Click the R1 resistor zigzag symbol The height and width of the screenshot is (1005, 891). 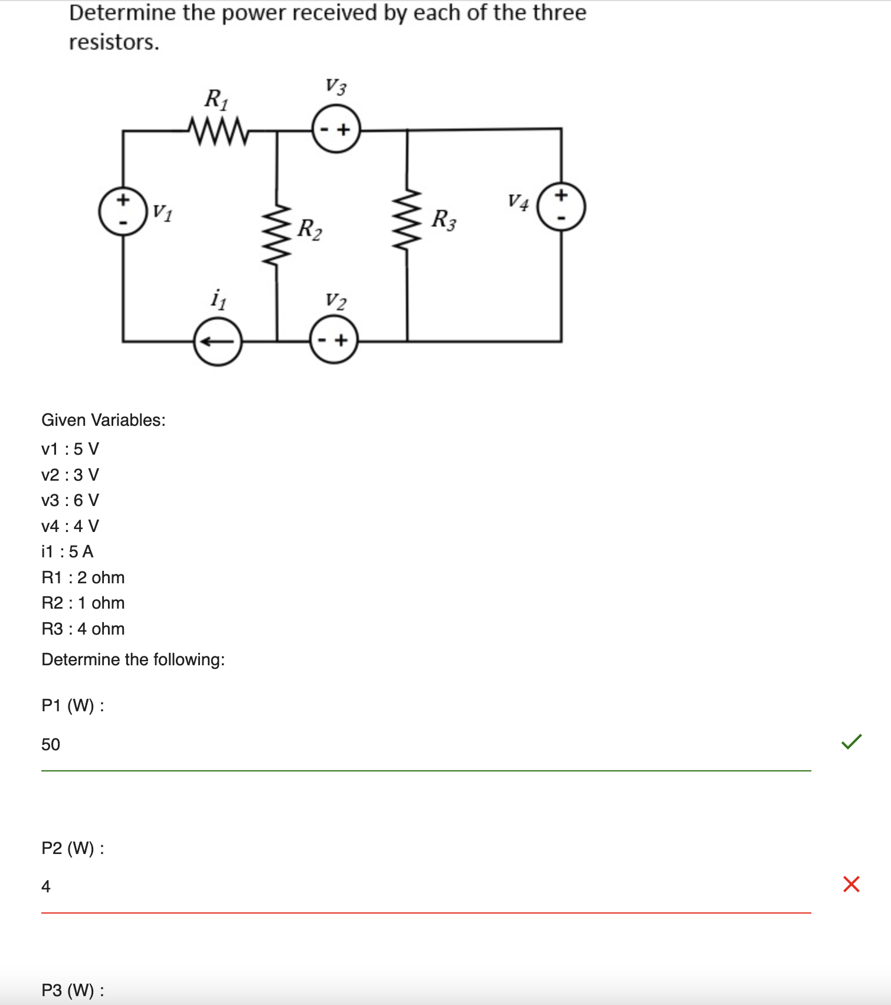[218, 130]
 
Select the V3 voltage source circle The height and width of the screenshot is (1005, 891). [336, 129]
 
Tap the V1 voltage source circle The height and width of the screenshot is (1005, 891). [123, 211]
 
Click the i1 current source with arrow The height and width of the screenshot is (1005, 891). [218, 341]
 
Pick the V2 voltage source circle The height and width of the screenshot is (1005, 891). [333, 340]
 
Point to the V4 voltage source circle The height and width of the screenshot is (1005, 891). [561, 206]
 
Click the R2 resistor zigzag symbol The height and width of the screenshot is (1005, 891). [277, 234]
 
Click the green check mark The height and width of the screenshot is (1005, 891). [851, 741]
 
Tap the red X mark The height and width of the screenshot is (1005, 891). [851, 884]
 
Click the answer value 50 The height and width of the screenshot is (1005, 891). [51, 744]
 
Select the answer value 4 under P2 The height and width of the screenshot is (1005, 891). [46, 886]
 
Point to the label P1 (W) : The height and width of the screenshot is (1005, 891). [73, 705]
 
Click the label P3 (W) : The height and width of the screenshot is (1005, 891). [73, 990]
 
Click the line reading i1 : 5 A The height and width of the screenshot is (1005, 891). [67, 551]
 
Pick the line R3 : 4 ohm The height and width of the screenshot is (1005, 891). [83, 629]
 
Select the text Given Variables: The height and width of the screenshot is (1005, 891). [103, 420]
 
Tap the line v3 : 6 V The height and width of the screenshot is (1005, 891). [70, 500]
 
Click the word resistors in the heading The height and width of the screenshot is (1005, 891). [113, 42]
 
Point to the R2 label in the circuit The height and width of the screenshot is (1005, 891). [310, 229]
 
